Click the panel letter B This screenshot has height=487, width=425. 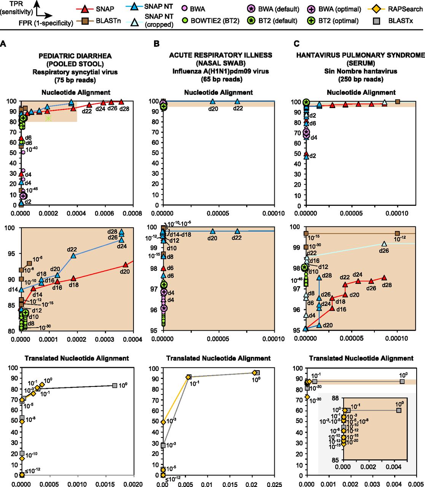[156, 44]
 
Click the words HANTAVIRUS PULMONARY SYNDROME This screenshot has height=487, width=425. [360, 55]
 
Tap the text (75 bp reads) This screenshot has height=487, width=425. [75, 80]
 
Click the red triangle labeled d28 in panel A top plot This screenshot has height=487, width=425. [121, 102]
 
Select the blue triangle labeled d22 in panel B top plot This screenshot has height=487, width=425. [237, 102]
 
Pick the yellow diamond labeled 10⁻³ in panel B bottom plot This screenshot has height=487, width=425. [163, 422]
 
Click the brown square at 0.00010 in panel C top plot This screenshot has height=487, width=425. [398, 102]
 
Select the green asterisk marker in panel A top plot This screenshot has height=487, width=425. [48, 118]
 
